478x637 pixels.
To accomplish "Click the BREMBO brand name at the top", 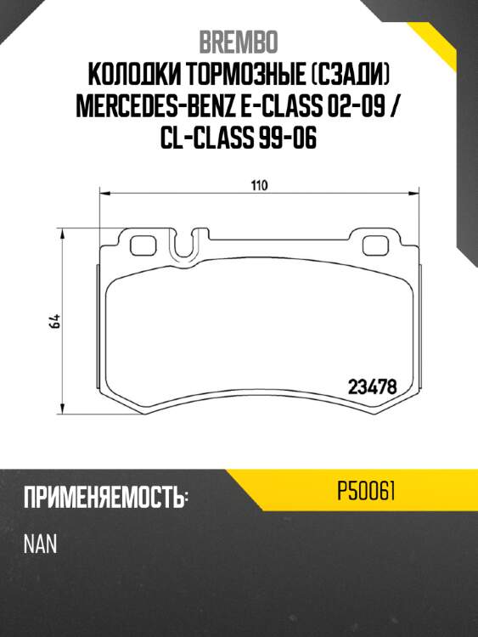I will click(238, 41).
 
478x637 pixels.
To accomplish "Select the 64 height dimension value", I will click(54, 321).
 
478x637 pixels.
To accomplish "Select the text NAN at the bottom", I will click(41, 544).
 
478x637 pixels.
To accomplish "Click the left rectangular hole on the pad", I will click(143, 245).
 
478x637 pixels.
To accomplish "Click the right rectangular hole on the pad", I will click(374, 245).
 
